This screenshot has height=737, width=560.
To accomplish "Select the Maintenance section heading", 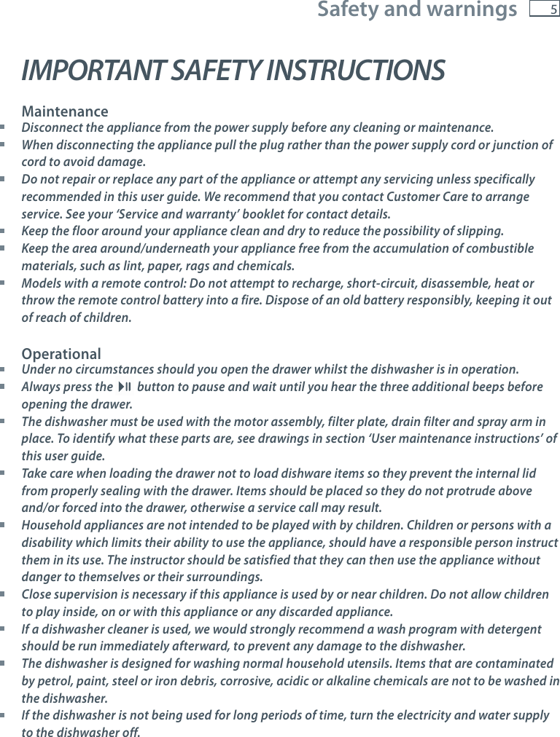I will [65, 112].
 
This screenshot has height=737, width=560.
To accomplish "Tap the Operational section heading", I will [61, 354].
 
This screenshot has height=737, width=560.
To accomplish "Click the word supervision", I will [83, 594].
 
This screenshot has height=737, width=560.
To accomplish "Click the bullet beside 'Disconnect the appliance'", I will [4, 128].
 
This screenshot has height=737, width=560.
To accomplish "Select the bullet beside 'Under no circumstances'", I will [4, 369].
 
